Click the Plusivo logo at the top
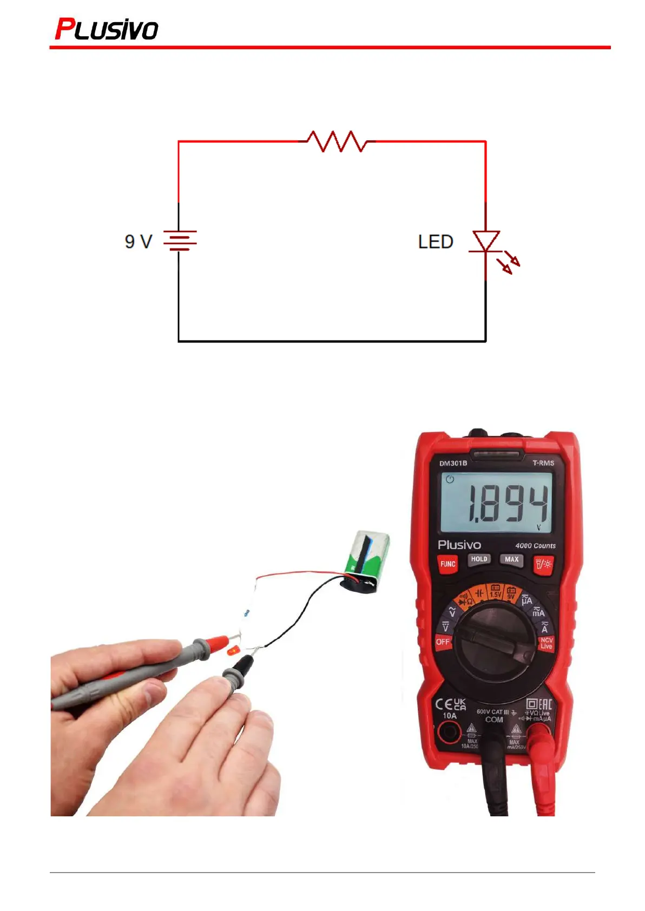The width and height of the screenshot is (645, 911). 107,29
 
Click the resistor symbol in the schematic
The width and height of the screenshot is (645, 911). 337,141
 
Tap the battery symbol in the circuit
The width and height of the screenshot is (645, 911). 180,240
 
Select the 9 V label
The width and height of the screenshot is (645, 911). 139,241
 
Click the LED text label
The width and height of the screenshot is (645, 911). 436,242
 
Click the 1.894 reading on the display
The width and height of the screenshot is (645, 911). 508,503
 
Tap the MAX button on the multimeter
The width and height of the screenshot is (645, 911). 511,559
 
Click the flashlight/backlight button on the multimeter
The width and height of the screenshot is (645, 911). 543,564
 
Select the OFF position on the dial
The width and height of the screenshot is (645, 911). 443,642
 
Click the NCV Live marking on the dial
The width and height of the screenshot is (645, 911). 547,643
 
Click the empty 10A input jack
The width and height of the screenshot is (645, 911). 449,733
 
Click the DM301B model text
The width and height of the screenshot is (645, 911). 453,463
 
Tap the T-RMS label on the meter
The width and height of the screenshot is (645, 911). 543,463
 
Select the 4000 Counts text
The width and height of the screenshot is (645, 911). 535,545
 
